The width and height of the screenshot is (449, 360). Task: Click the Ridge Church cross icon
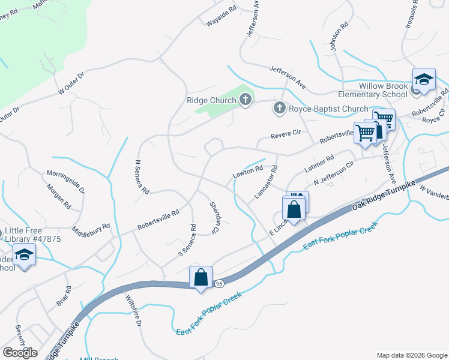coord(245,100)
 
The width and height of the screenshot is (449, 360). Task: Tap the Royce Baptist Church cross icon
coord(279,109)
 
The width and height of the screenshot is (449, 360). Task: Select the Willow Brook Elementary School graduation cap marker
coord(424,80)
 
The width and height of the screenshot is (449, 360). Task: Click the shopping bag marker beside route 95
coord(200,278)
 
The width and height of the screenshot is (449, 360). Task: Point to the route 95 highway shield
coord(219,283)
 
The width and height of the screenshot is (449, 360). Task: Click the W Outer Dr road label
coord(71,83)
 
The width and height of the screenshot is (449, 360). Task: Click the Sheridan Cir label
coord(214,217)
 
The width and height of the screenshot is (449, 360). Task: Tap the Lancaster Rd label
coord(267,182)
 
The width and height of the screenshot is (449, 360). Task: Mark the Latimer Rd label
coord(319,164)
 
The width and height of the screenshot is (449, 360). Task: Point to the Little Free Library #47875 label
coord(32,235)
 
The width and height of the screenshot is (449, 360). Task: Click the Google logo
coord(19,352)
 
